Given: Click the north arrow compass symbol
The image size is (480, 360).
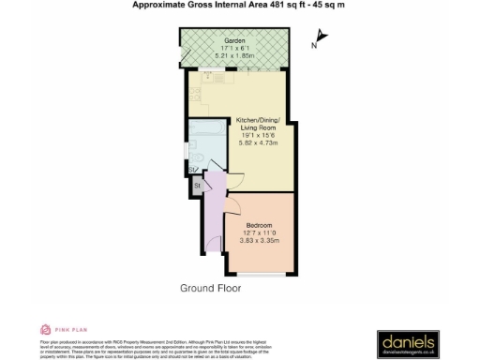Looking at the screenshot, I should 322,38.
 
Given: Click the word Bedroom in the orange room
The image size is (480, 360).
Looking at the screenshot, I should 259,226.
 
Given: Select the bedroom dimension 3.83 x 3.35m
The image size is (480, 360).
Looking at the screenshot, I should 259,241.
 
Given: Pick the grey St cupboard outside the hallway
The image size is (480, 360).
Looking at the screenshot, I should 198,187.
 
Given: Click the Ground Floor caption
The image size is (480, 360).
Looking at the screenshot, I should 211,288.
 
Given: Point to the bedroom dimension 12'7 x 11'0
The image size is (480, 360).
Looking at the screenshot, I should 259,233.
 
